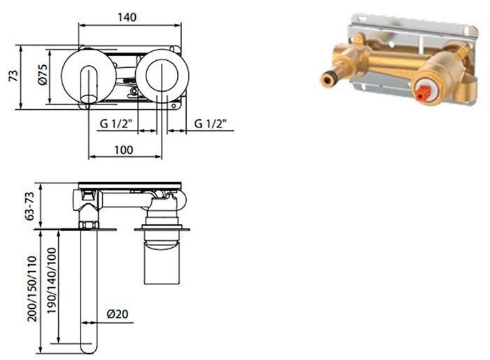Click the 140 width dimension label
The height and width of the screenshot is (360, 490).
(127, 18)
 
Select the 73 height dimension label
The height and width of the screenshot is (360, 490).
(13, 76)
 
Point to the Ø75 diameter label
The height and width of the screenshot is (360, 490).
(43, 74)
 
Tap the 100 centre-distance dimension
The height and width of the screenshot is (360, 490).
(124, 150)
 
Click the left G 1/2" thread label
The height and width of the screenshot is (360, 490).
(114, 124)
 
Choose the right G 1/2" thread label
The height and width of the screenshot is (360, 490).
(210, 124)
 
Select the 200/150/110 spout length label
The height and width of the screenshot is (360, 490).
(32, 289)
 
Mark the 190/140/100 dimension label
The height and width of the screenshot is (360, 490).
(52, 281)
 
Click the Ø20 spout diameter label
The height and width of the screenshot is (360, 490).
(118, 314)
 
